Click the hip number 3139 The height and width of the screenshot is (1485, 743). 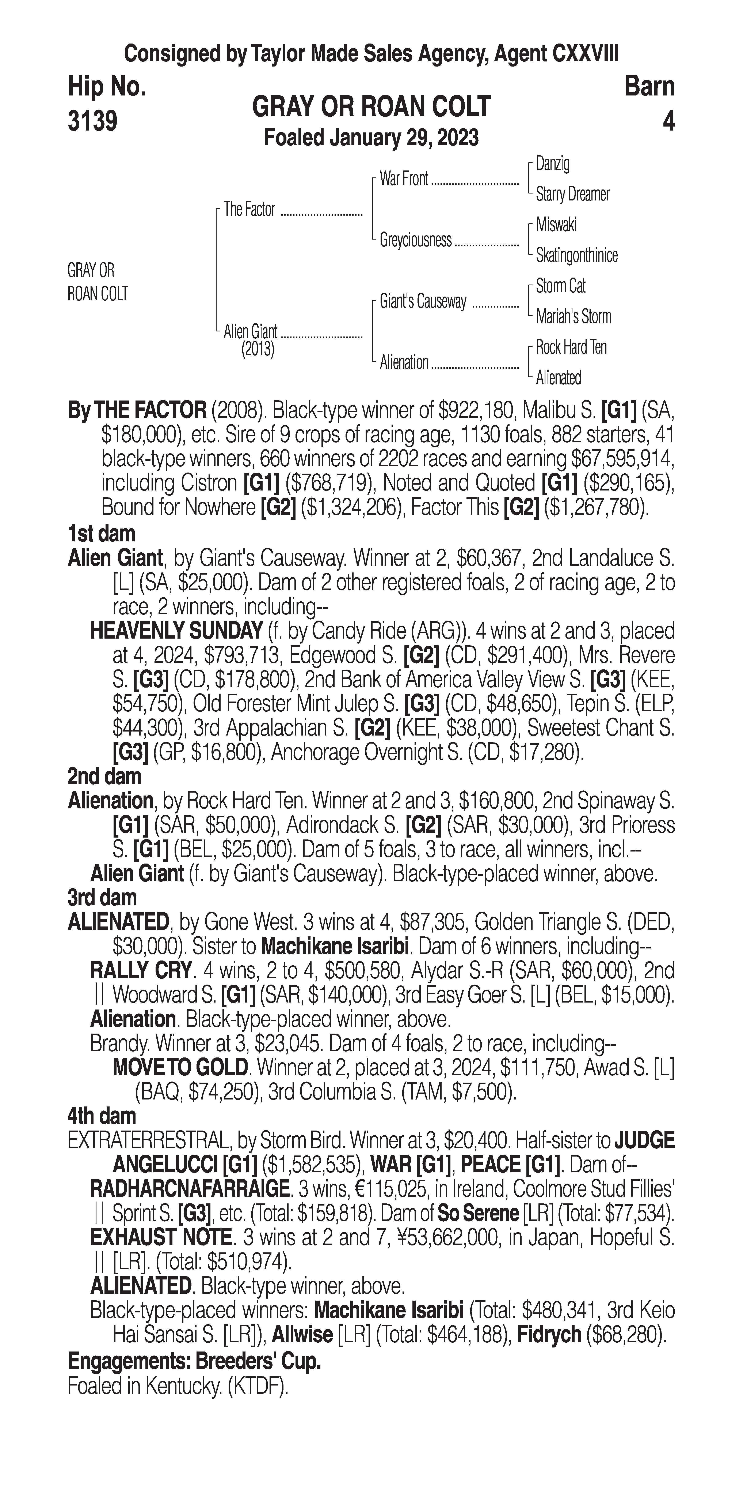[x=93, y=121]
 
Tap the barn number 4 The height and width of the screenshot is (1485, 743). [x=668, y=121]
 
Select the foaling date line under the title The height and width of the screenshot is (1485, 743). [x=371, y=138]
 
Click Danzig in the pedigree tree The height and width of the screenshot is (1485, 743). [x=553, y=164]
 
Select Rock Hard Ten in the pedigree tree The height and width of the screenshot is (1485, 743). [x=571, y=347]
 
